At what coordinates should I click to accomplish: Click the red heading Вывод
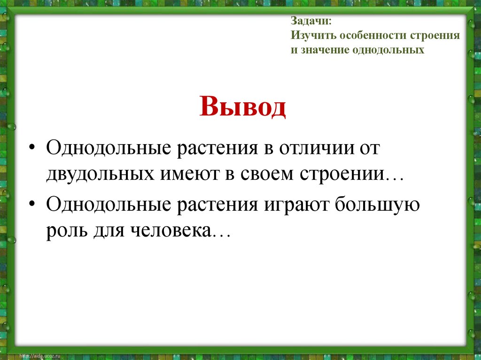coord(242,107)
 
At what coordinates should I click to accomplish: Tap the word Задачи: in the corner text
coord(310,22)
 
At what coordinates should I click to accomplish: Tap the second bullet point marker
coord(31,207)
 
